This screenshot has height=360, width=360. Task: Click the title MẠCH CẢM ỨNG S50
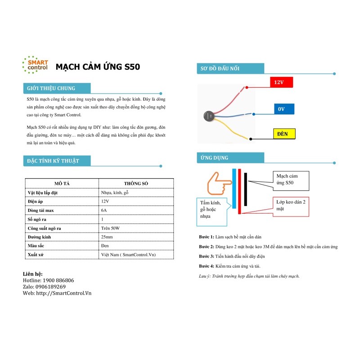coord(98,67)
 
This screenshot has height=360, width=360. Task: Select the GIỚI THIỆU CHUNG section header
coord(51,88)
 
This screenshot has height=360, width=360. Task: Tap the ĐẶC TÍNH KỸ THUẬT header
coord(53,161)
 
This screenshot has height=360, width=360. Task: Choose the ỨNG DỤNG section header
coord(215,158)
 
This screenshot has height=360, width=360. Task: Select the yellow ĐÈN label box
coord(283,134)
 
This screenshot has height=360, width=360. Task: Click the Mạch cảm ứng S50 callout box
coord(290,180)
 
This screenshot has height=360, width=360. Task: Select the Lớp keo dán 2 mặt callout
coord(291,206)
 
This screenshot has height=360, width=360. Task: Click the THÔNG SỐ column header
coord(135,184)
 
